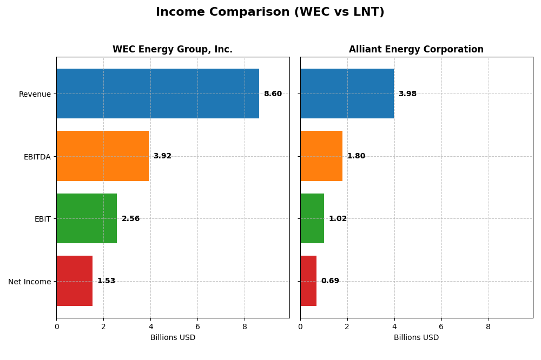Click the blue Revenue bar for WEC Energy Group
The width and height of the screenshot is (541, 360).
click(157, 94)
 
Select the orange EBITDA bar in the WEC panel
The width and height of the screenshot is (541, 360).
click(102, 156)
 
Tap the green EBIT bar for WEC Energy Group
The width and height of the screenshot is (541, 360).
click(87, 218)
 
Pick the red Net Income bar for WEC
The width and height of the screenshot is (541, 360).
click(74, 281)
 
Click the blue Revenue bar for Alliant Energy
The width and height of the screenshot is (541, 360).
click(347, 94)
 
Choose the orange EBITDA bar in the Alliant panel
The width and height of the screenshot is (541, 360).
click(321, 156)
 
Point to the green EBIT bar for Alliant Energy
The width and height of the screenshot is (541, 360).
click(312, 218)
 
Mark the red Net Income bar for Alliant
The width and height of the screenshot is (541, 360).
click(308, 281)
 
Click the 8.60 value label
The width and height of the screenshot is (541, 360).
click(273, 94)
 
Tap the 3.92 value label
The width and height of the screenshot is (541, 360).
click(162, 156)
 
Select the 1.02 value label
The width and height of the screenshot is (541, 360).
click(338, 219)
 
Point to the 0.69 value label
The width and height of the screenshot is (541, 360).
click(330, 281)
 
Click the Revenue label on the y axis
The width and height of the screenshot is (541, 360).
click(35, 95)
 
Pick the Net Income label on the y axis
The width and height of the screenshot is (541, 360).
click(29, 282)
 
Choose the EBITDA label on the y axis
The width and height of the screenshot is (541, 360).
click(37, 157)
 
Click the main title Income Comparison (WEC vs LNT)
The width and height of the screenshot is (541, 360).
click(270, 12)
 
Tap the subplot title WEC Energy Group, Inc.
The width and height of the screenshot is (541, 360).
click(173, 50)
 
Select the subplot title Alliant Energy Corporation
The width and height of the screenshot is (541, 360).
click(416, 50)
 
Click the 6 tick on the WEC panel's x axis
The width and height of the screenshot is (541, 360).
click(197, 326)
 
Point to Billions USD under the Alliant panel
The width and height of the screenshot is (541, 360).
click(416, 338)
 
